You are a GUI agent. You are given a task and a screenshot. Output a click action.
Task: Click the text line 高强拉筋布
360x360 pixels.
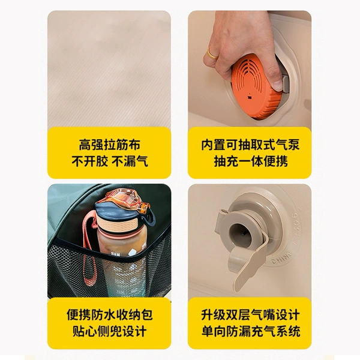point(110,145)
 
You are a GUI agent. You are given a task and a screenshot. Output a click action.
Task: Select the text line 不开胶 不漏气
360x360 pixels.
point(110,161)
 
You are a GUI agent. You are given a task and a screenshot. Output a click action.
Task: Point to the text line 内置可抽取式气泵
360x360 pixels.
point(250,145)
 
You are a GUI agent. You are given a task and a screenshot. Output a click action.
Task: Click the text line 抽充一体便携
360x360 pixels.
point(250,161)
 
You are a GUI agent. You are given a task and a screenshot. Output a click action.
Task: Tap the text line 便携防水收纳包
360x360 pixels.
point(110,314)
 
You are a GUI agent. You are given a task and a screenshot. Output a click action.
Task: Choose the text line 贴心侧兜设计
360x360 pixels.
point(110,331)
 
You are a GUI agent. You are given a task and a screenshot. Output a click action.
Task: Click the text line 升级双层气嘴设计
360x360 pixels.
point(250,314)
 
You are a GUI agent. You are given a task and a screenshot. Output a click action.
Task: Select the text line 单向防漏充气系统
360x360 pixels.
point(250,331)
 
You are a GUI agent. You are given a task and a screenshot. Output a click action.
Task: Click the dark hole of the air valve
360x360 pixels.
point(240,232)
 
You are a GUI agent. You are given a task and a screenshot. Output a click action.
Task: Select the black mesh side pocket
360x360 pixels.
point(109,269)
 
